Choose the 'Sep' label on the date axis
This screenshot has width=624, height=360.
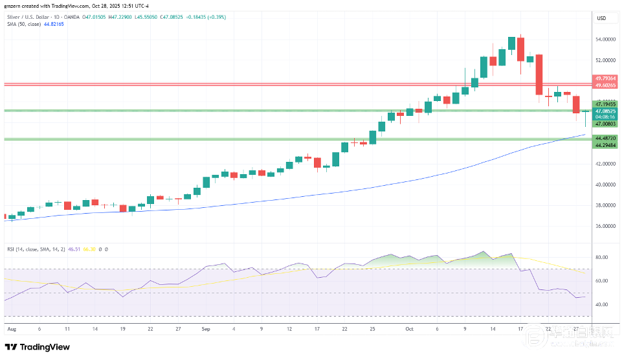click(x=205, y=329)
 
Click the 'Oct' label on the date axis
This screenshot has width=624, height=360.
click(x=408, y=329)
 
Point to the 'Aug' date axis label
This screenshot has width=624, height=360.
click(x=10, y=329)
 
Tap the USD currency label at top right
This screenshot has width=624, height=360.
click(x=601, y=18)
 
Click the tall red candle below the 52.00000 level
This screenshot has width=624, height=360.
click(x=539, y=74)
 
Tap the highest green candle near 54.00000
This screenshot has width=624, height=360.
click(x=511, y=43)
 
